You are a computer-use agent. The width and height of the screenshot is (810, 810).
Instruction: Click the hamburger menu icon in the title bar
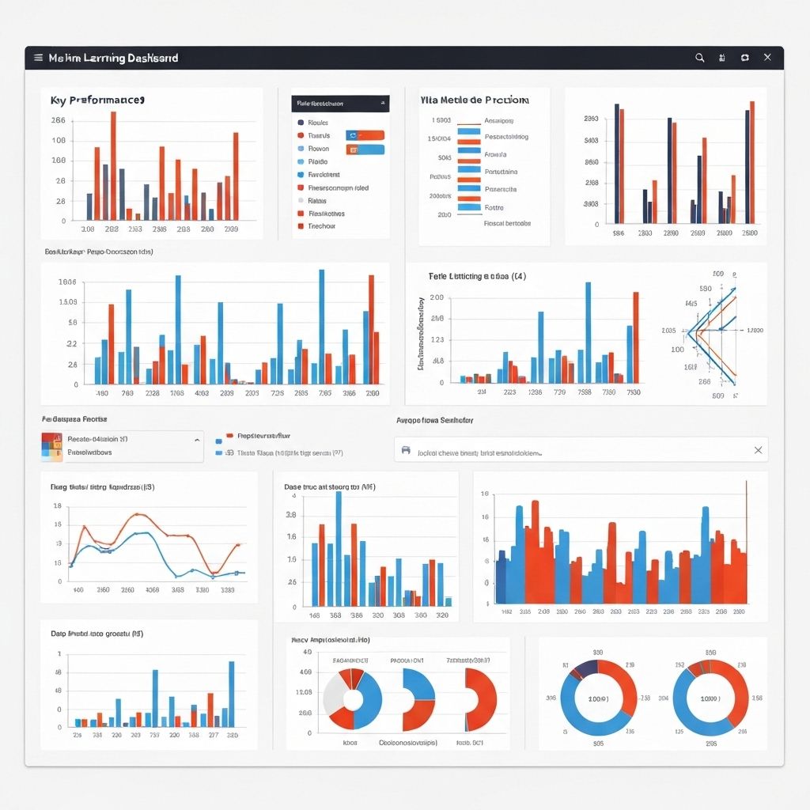pyautogui.click(x=37, y=58)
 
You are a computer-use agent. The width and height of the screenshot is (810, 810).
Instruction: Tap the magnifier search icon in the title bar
pyautogui.click(x=699, y=58)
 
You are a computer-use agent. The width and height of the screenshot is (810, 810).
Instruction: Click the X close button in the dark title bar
pyautogui.click(x=766, y=58)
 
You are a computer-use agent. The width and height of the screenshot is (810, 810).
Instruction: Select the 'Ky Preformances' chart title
pyautogui.click(x=97, y=100)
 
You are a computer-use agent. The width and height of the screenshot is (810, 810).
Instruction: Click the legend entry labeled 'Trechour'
pyautogui.click(x=321, y=226)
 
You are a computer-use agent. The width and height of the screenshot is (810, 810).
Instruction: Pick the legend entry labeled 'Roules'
pyautogui.click(x=317, y=123)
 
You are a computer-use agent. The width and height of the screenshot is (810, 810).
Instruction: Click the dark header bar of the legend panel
pyautogui.click(x=340, y=103)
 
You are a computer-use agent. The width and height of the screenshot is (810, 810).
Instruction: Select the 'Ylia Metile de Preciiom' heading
pyautogui.click(x=474, y=100)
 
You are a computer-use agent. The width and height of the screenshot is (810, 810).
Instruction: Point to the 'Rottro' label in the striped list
pyautogui.click(x=494, y=207)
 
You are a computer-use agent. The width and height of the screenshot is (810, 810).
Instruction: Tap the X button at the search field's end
pyautogui.click(x=758, y=450)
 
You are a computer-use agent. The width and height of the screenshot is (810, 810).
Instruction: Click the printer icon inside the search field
pyautogui.click(x=406, y=450)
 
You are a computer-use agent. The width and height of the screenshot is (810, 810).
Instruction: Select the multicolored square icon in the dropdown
pyautogui.click(x=51, y=446)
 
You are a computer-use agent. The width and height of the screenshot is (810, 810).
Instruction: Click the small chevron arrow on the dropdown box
pyautogui.click(x=196, y=439)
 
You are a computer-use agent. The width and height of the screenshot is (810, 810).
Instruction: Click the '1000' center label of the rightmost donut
pyautogui.click(x=710, y=699)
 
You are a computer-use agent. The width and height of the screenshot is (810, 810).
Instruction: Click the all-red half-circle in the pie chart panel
pyautogui.click(x=482, y=699)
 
